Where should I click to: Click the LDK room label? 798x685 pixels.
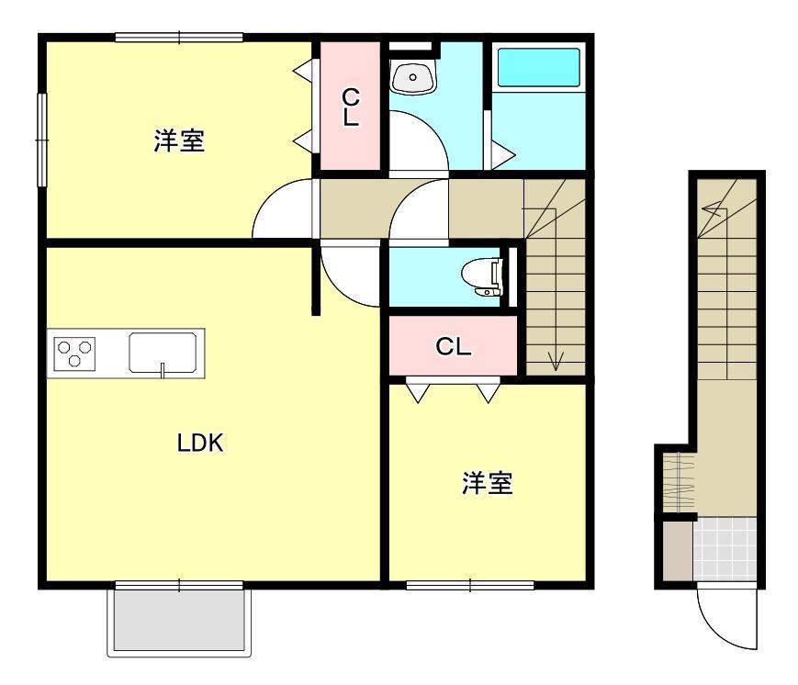pos(200,443)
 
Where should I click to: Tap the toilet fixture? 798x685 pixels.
pos(482,277)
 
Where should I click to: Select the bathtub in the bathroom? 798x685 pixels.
pos(538,68)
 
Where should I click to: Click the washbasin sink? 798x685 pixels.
pos(412,77)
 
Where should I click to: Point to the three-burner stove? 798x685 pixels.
pos(74,354)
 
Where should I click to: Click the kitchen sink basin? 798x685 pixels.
pos(163,353)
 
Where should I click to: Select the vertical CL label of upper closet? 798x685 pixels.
pos(350,107)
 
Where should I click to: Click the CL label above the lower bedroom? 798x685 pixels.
pos(453,347)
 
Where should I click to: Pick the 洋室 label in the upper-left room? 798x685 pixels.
pos(179,141)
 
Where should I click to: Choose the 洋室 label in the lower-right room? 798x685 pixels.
pos(487,483)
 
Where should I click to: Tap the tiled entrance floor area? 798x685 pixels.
pos(725,549)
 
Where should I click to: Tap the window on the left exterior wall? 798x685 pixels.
pos(42,140)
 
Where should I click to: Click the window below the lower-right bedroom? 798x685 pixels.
pos(470,585)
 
